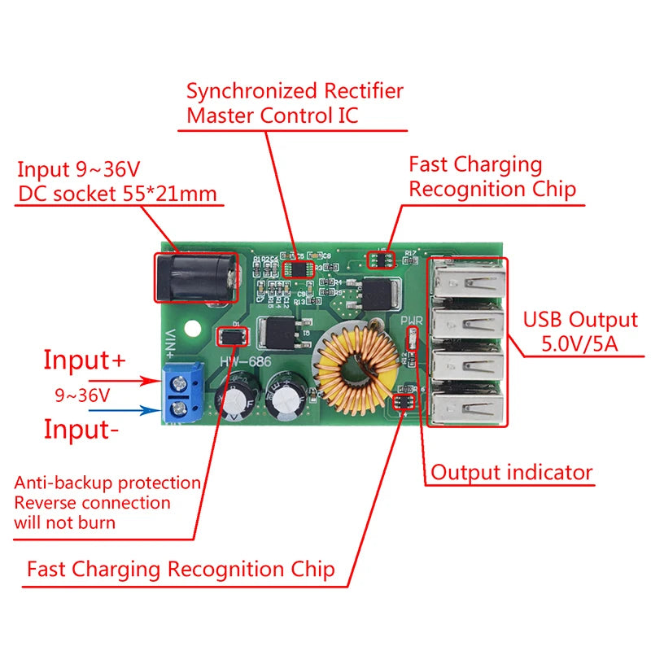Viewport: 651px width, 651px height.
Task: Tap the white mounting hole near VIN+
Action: pos(193,331)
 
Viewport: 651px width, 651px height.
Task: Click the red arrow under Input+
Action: pos(121,380)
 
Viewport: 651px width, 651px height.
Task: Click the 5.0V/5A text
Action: pos(579,344)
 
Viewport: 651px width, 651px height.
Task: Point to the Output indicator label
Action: pos(512,472)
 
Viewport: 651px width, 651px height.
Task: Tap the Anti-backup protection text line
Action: pos(107,483)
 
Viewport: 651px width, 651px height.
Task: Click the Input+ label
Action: pos(85,359)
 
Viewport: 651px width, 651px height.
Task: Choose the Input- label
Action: pos(81,429)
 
